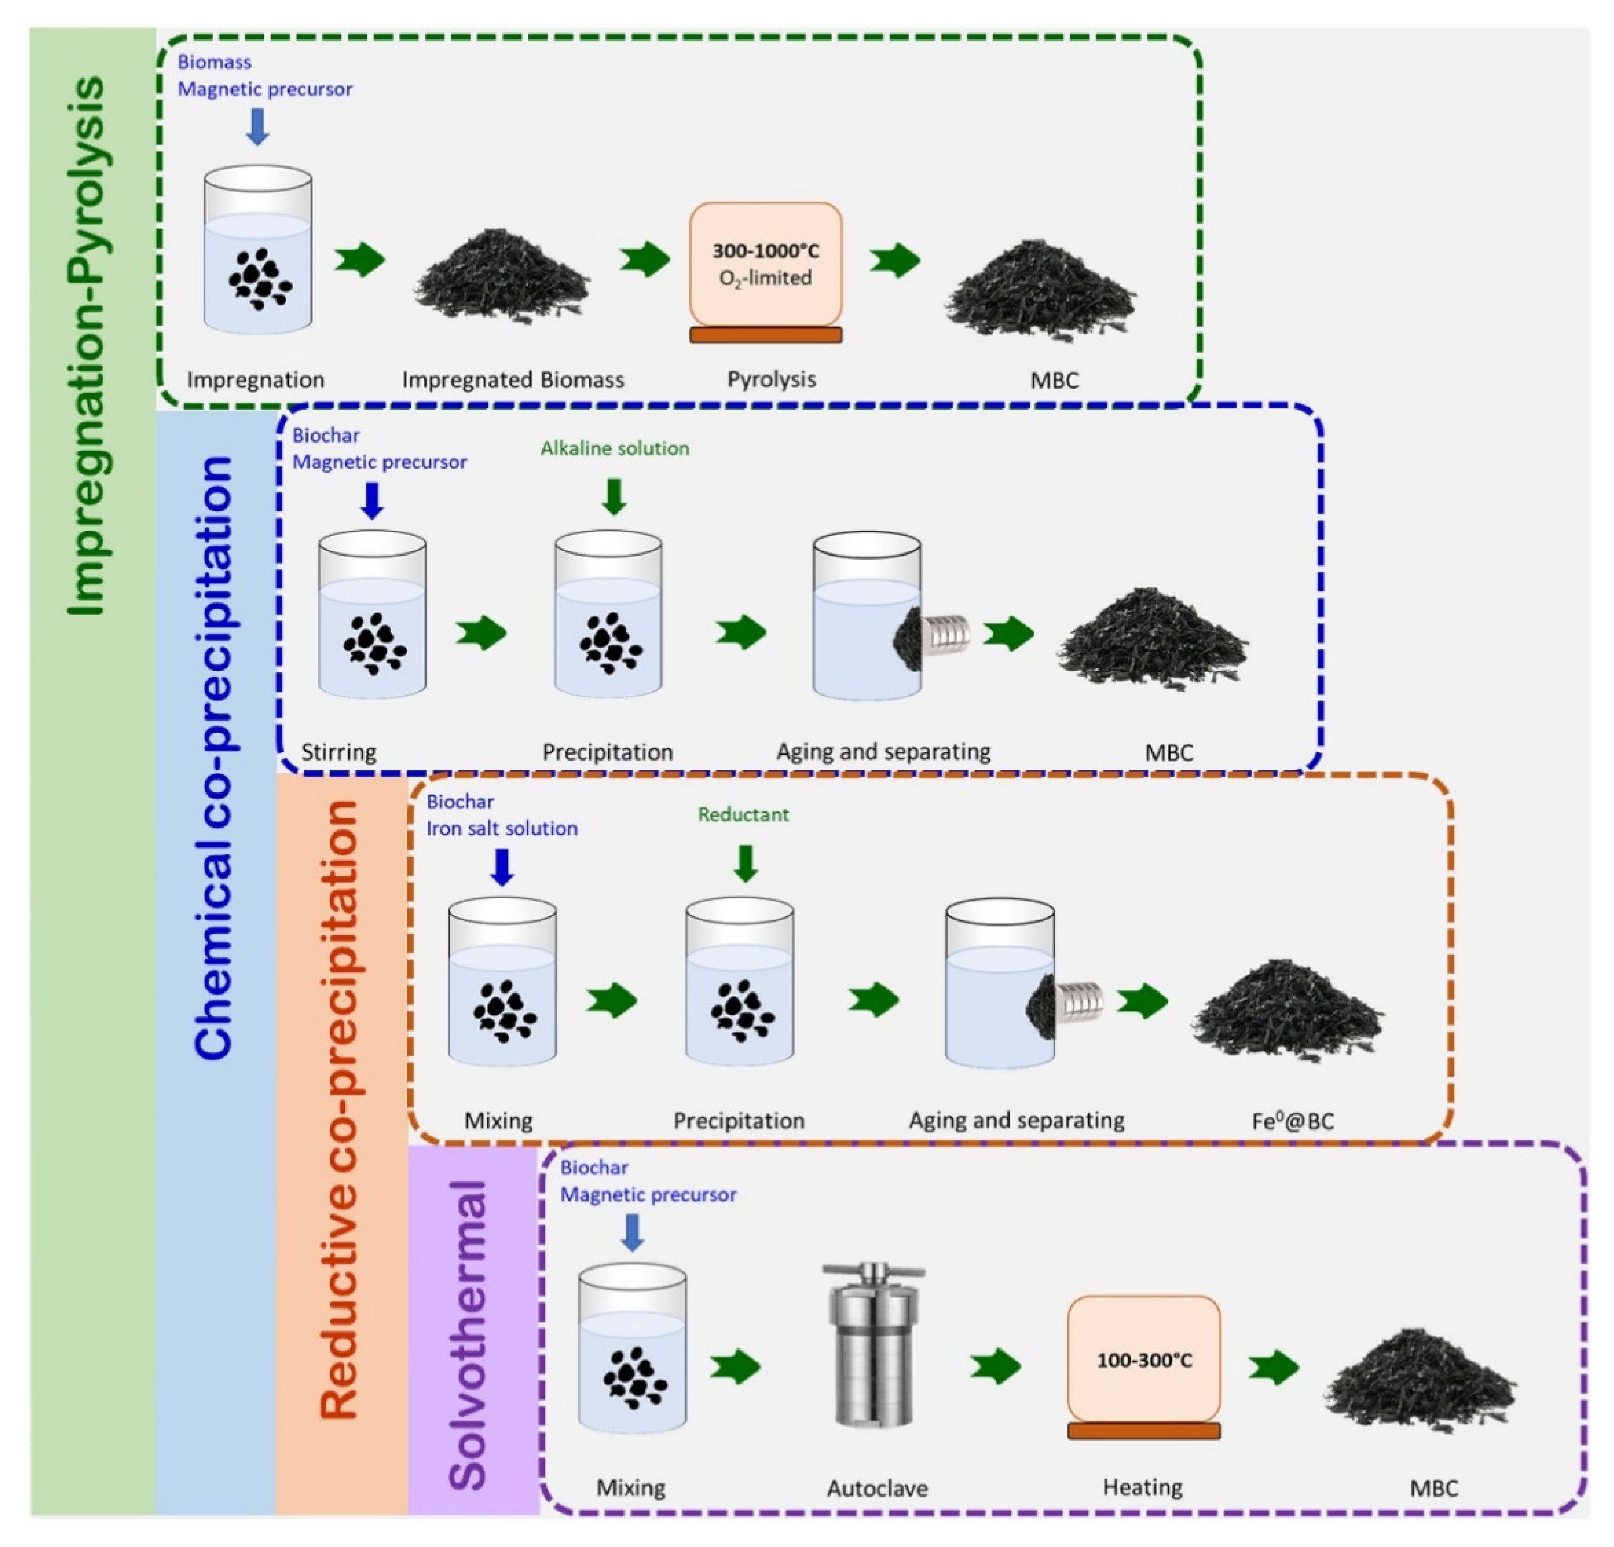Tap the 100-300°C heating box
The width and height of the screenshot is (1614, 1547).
1144,1359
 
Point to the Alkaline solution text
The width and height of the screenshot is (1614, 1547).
614,448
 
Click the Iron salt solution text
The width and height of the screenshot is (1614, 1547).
502,828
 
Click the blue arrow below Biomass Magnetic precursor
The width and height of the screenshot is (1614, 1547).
258,128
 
